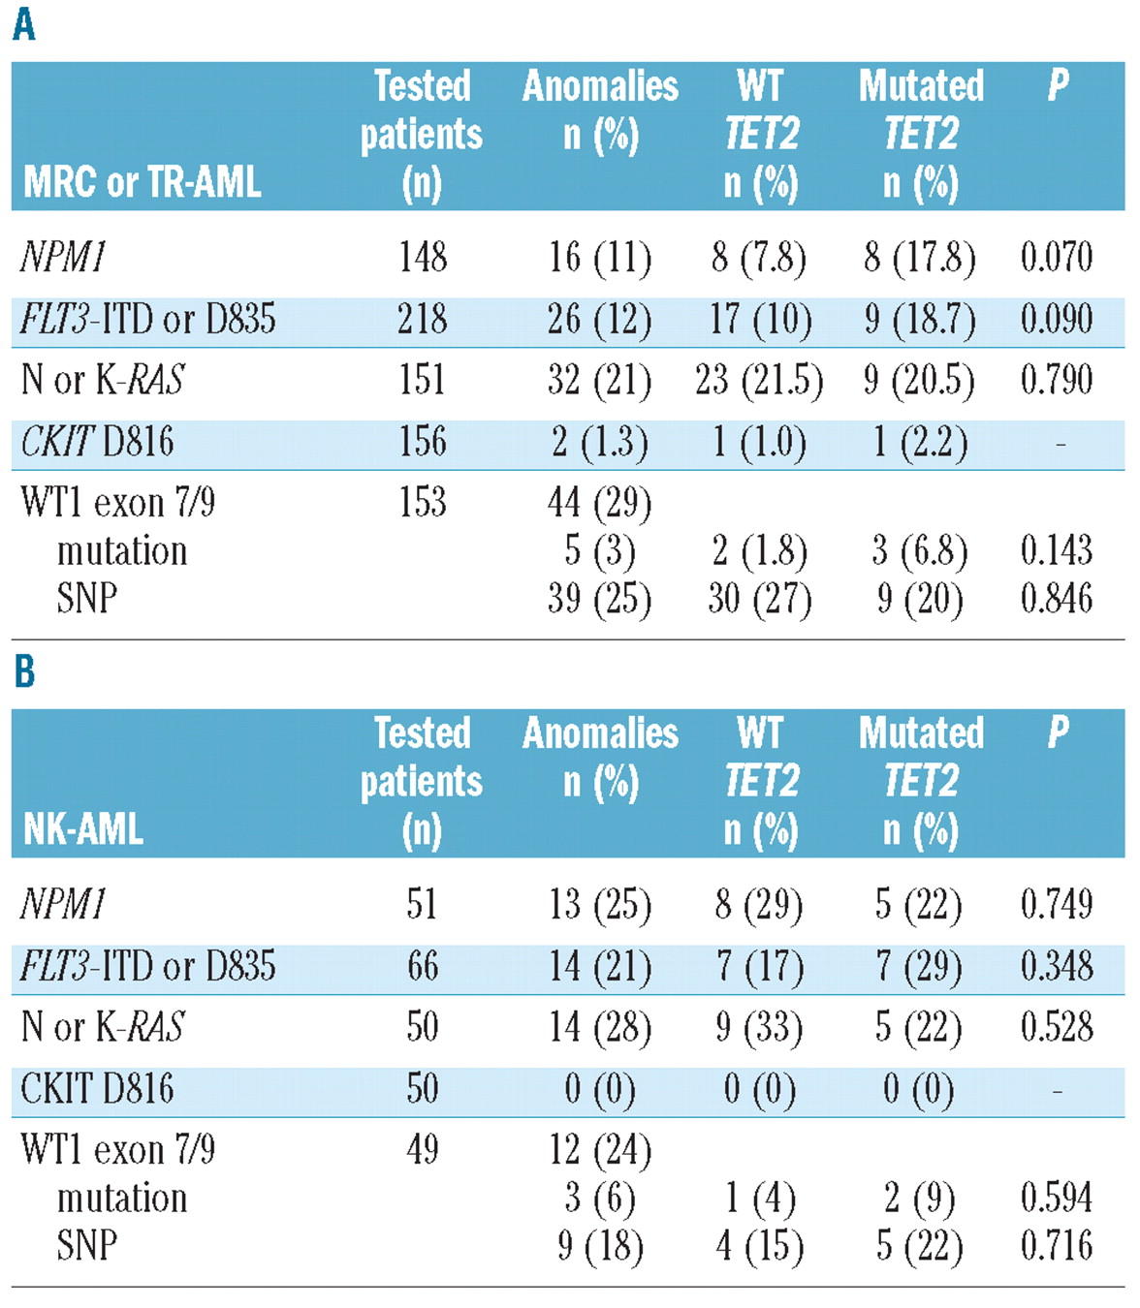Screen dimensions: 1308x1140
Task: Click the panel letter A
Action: coord(24,23)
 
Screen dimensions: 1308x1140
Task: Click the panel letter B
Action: coord(24,670)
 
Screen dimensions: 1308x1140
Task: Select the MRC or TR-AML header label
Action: coord(142,181)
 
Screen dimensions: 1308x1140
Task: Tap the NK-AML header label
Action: coord(83,828)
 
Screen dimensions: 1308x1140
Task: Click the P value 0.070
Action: coord(1056,258)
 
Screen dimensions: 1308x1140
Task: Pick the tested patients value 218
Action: coord(422,319)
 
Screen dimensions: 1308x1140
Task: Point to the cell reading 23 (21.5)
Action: coord(758,380)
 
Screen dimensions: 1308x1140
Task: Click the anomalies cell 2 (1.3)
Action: coord(599,442)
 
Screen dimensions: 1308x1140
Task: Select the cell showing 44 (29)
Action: coord(599,502)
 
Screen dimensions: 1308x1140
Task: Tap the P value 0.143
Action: coord(1056,550)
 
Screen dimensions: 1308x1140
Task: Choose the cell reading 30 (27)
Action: coord(758,599)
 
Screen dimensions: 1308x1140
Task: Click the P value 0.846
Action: coord(1056,599)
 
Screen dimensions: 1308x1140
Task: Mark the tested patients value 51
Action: coord(422,904)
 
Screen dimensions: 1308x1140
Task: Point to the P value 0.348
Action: coord(1056,966)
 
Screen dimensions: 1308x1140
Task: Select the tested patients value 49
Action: coord(422,1149)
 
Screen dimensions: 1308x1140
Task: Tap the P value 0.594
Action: coord(1056,1198)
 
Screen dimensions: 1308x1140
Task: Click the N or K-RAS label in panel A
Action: coord(103,380)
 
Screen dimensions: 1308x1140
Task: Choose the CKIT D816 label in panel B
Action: coord(97,1089)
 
